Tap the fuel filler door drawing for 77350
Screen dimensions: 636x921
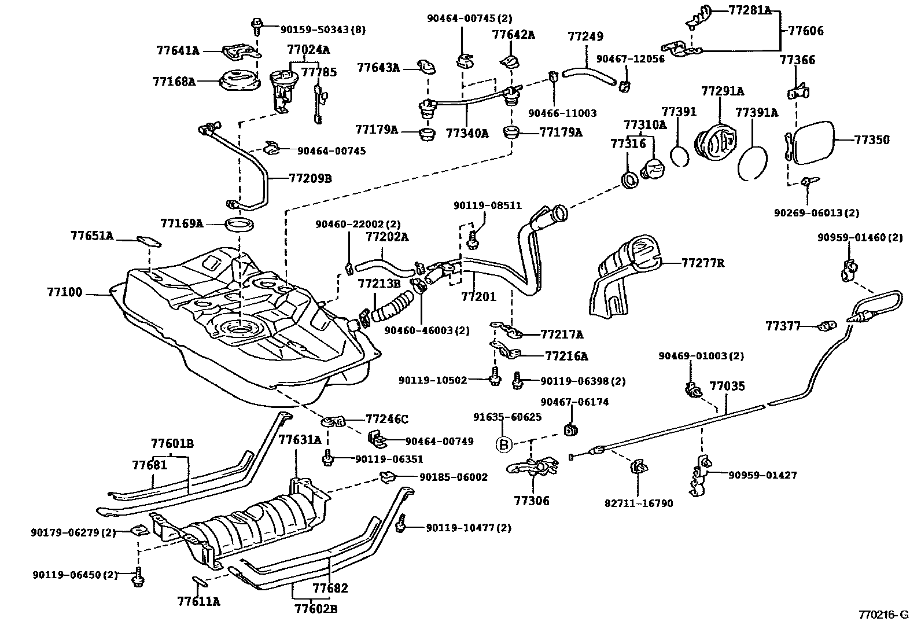point(813,143)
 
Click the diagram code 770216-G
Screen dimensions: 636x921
point(883,615)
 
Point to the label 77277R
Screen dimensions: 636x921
point(702,263)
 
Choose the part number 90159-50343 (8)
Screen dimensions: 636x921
point(323,29)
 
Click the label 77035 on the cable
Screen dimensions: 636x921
point(727,385)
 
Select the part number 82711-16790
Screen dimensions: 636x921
point(639,503)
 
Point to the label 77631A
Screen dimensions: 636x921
point(300,440)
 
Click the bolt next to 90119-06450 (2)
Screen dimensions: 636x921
point(138,578)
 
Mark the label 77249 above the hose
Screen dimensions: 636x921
point(585,36)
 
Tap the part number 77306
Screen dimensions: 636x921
point(532,501)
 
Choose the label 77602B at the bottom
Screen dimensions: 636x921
point(316,609)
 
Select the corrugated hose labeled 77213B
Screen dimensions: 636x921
point(392,307)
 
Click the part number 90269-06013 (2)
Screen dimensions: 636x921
point(816,213)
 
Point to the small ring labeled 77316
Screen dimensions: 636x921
point(629,180)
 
